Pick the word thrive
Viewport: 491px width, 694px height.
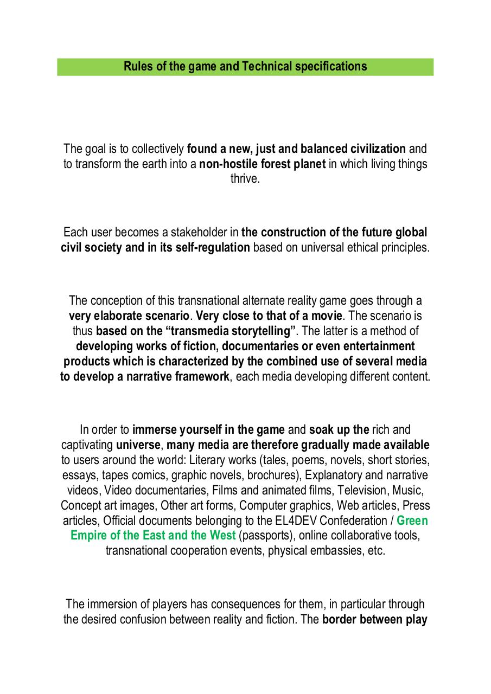pos(245,179)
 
